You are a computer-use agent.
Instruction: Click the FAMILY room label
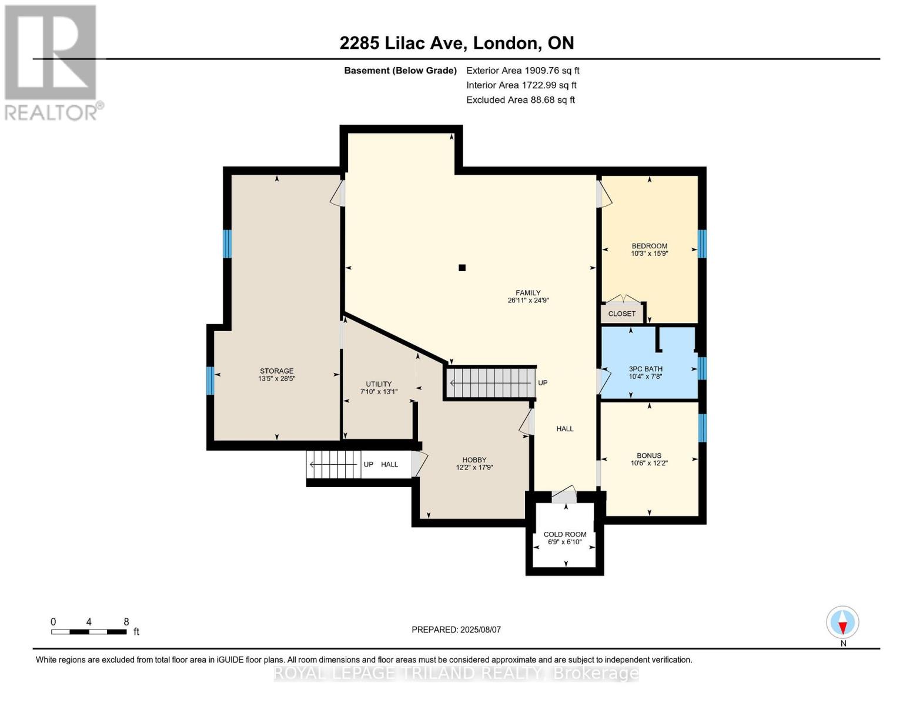pos(528,292)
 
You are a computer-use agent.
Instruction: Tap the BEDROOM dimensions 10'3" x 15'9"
pos(649,254)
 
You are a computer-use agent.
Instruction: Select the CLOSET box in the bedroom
pos(622,314)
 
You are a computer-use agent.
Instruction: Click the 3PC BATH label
pos(646,369)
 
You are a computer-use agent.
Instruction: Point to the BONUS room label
pos(649,455)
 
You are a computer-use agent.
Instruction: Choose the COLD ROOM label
pos(564,534)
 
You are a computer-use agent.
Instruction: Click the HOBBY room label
pos(474,460)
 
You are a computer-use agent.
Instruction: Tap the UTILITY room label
pos(379,384)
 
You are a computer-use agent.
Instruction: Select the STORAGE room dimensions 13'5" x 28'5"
pos(276,379)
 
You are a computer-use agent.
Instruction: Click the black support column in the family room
pos(462,268)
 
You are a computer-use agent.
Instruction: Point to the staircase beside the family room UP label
pos(490,382)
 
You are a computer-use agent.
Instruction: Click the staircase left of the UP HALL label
pos(333,464)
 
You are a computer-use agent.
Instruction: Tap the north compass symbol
pos(842,622)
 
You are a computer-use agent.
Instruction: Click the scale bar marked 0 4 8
pos(89,632)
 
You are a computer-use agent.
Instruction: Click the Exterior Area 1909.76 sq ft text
pos(523,70)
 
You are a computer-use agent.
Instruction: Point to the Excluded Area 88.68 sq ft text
pos(520,100)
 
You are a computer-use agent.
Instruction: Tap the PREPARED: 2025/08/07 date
pos(456,630)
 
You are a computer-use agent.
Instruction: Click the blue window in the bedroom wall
pos(702,244)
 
